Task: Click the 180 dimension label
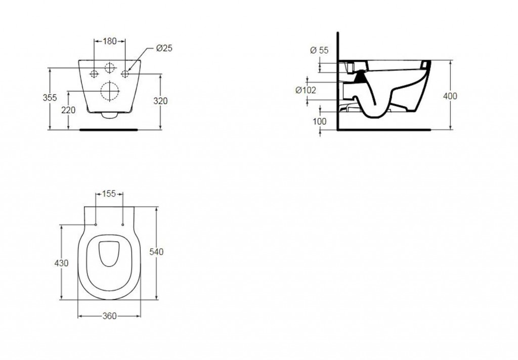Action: [x=110, y=41]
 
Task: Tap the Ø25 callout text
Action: [x=164, y=48]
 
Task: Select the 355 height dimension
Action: [x=50, y=98]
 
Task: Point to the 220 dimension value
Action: [x=68, y=110]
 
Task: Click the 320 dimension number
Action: [x=160, y=101]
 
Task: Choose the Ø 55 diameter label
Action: [x=320, y=50]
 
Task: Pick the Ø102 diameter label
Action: [x=306, y=90]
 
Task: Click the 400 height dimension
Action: [x=450, y=96]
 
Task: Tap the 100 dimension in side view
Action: [x=320, y=122]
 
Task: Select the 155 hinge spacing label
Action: [x=109, y=194]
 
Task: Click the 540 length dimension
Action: [x=156, y=252]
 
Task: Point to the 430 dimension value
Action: [x=61, y=263]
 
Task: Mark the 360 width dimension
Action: [x=109, y=316]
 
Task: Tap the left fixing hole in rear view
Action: [x=95, y=74]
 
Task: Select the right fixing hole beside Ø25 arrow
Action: [x=125, y=74]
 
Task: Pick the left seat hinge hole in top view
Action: [x=96, y=225]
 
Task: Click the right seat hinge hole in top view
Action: [x=123, y=225]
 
